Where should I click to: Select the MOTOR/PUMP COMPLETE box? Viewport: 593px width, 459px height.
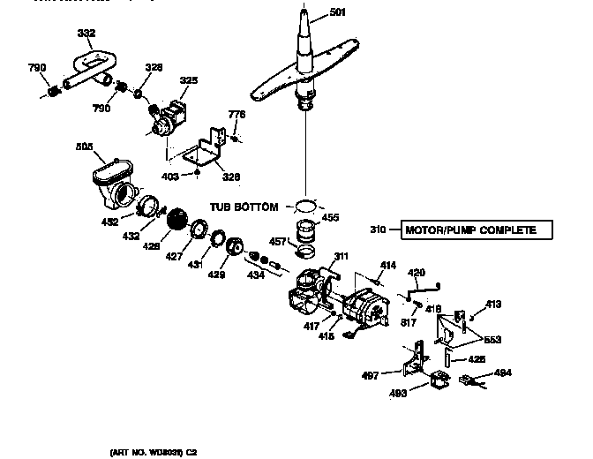pyautogui.click(x=477, y=230)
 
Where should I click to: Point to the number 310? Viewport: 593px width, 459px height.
pyautogui.click(x=378, y=230)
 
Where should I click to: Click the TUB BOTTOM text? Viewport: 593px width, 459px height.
pyautogui.click(x=244, y=207)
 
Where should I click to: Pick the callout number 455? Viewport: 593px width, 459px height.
pyautogui.click(x=330, y=216)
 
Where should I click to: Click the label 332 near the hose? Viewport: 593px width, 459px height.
pyautogui.click(x=86, y=33)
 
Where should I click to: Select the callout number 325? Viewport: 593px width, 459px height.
pyautogui.click(x=189, y=80)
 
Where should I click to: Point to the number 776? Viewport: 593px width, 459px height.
pyautogui.click(x=236, y=115)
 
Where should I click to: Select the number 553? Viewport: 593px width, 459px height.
pyautogui.click(x=492, y=340)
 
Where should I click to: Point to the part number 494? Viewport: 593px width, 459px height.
pyautogui.click(x=503, y=373)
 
